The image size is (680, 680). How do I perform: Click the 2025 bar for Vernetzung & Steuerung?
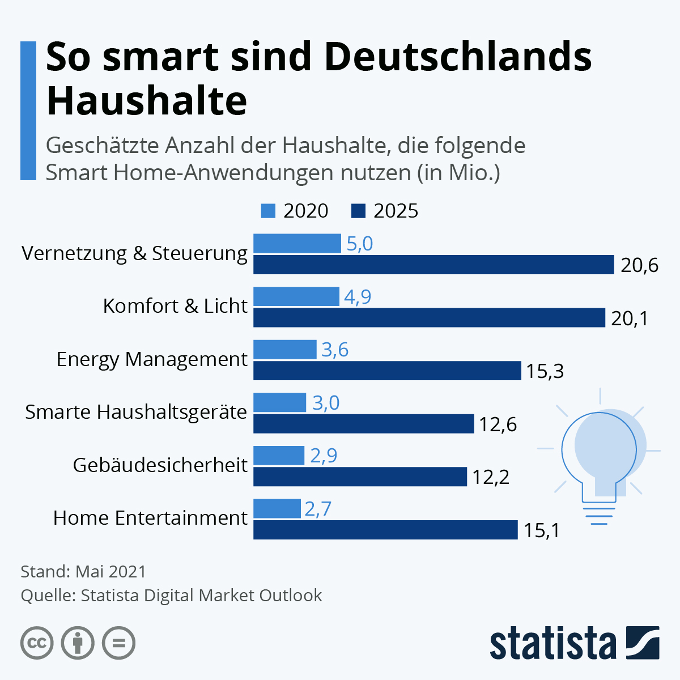tap(433, 265)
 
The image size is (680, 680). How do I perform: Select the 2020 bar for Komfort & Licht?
tap(296, 296)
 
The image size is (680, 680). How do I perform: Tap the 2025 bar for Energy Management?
tap(386, 371)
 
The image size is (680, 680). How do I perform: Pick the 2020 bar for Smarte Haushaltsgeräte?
tap(279, 402)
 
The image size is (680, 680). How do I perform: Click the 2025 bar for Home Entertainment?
tap(385, 530)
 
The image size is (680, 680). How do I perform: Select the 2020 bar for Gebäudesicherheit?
tap(278, 455)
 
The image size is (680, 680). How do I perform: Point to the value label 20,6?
tap(639, 265)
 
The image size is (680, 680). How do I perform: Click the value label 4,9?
tap(358, 296)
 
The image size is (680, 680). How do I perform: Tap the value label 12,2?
tap(491, 477)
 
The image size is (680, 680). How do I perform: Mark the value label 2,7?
tap(318, 509)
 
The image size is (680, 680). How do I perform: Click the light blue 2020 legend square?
tap(268, 211)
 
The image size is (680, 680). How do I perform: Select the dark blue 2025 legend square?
tap(358, 211)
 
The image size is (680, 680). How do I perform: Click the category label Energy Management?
tap(152, 359)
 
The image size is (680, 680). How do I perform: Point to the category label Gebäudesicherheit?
tap(160, 465)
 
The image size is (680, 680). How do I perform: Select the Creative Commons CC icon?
tap(37, 643)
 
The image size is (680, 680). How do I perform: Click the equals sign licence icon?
tap(118, 643)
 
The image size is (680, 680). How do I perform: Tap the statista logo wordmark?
tap(552, 643)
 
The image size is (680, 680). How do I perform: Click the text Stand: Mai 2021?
tap(83, 571)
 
